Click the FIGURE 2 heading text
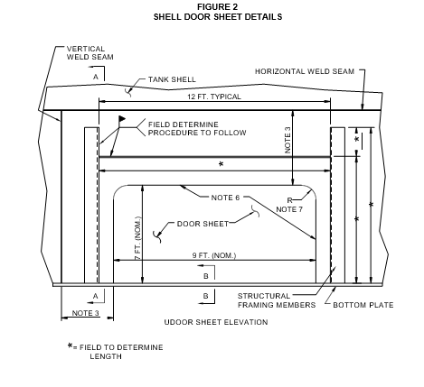pos(217,6)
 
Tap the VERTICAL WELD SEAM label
pos(90,53)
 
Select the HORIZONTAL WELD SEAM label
pos(305,71)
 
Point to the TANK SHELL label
pos(172,79)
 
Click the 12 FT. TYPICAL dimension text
pos(214,97)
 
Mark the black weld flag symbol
pos(122,119)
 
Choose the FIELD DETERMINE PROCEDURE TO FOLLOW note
pos(197,129)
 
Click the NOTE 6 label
pos(225,198)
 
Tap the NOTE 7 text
pos(289,209)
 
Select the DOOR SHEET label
pos(203,224)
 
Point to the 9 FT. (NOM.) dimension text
pos(214,255)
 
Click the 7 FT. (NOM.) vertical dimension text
pos(137,238)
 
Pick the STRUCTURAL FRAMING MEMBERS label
pos(277,300)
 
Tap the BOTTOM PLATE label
pos(363,305)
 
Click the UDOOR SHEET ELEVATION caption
pos(216,322)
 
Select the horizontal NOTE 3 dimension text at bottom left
pos(85,313)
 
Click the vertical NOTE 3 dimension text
pos(288,140)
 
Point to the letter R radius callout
pos(289,200)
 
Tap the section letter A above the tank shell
pos(96,77)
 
